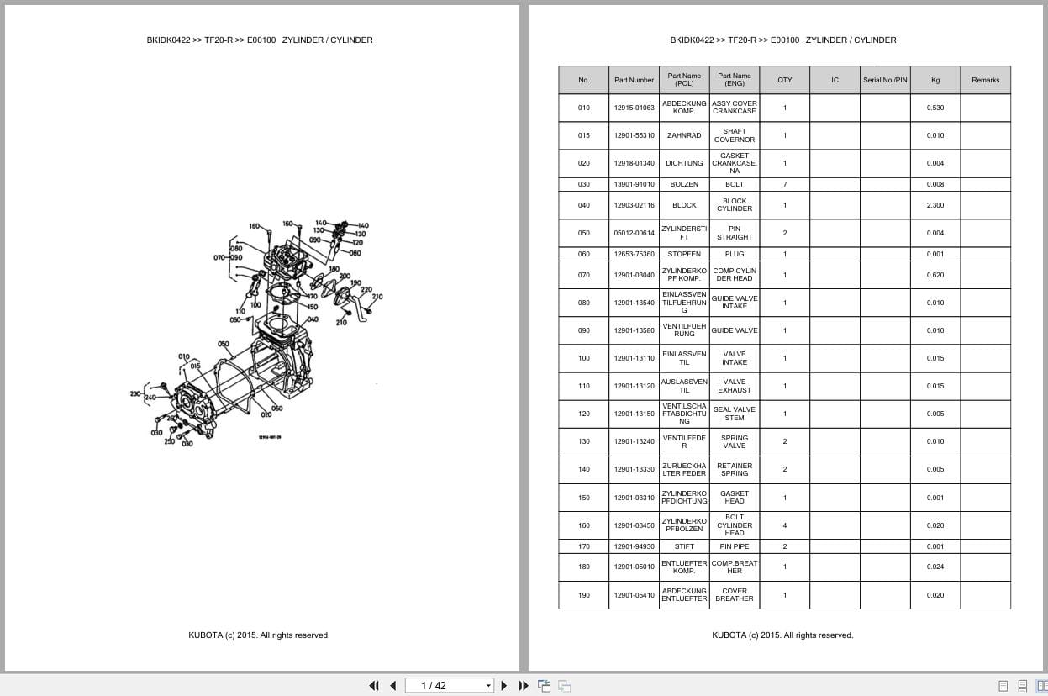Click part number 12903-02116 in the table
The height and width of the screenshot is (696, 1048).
click(x=634, y=205)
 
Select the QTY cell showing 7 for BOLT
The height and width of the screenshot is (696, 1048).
click(x=784, y=184)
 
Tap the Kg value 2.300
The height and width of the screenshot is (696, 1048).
click(x=935, y=205)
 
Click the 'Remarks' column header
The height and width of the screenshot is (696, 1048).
click(x=985, y=80)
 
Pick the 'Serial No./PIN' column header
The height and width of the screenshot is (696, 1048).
click(x=884, y=80)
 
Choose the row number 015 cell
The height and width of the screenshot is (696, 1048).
click(x=583, y=135)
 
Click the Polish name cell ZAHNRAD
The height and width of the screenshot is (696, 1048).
click(x=684, y=135)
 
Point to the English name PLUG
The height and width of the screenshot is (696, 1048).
click(x=734, y=254)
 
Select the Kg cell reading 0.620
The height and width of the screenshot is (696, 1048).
click(x=935, y=275)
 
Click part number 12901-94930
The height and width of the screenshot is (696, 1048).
click(x=634, y=546)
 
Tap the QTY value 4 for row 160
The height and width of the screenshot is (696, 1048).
click(x=784, y=525)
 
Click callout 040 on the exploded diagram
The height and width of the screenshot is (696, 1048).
click(x=312, y=319)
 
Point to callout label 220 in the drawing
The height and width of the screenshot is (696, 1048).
click(x=366, y=290)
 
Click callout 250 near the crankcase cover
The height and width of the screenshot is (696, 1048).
click(x=169, y=441)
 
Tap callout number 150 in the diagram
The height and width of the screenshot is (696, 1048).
click(x=312, y=308)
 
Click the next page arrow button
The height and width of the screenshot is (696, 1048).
click(x=504, y=685)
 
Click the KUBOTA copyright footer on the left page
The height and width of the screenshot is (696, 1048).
click(x=259, y=635)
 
